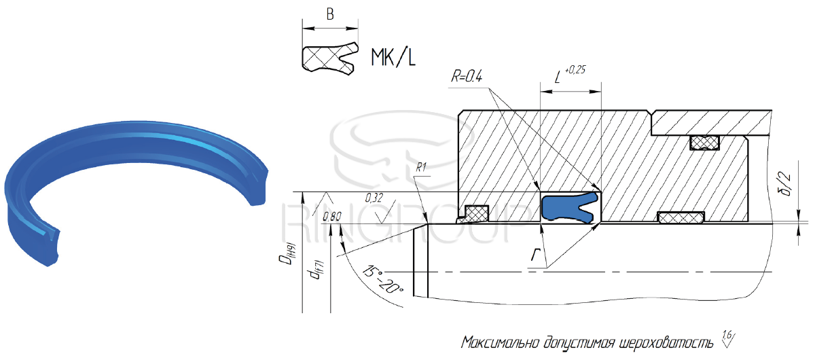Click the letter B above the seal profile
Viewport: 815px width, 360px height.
tap(330, 14)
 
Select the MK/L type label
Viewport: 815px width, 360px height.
tap(393, 58)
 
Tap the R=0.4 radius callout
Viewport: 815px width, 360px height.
tap(467, 77)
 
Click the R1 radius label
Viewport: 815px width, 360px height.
tap(420, 167)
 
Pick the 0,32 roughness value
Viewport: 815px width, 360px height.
tap(374, 198)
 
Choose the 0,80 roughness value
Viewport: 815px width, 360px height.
tap(332, 217)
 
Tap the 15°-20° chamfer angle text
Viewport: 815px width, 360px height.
tap(383, 280)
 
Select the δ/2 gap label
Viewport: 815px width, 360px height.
tap(786, 184)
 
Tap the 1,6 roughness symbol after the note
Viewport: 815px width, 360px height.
tap(727, 338)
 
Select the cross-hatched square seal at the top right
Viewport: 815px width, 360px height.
tap(704, 143)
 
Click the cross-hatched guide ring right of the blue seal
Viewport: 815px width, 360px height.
tap(681, 217)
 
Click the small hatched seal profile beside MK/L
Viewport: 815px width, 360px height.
tap(329, 58)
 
